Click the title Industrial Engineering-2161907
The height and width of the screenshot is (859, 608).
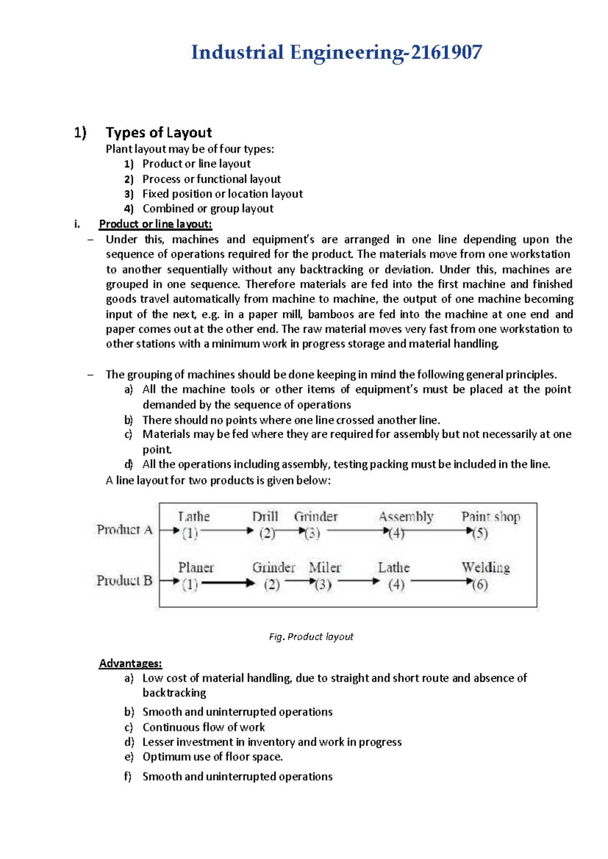click(x=336, y=53)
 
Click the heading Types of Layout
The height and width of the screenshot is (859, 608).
click(x=159, y=133)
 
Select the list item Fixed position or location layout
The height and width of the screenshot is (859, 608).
click(x=222, y=194)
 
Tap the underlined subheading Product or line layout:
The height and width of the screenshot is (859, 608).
click(x=156, y=224)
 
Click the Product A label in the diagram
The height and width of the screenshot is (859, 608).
click(x=125, y=530)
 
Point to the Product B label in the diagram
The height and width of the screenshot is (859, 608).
click(x=125, y=580)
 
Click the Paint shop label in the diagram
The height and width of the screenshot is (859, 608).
click(x=490, y=517)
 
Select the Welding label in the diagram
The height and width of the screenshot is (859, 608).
click(x=485, y=567)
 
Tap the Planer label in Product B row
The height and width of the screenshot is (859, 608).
click(x=196, y=567)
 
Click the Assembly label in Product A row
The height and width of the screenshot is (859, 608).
click(x=406, y=517)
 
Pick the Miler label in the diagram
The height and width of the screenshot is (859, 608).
click(x=325, y=567)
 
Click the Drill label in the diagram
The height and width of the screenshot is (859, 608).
click(x=265, y=517)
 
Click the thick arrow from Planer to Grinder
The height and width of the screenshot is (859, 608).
click(x=227, y=583)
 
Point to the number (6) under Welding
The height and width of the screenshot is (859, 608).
click(x=480, y=584)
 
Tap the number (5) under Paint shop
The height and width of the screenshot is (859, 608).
click(x=480, y=533)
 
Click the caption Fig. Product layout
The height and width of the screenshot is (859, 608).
click(x=311, y=637)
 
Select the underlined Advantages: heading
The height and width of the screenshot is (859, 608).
click(x=131, y=663)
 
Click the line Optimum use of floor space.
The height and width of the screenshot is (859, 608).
click(x=212, y=757)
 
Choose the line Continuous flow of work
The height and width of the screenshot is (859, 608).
click(x=204, y=727)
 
